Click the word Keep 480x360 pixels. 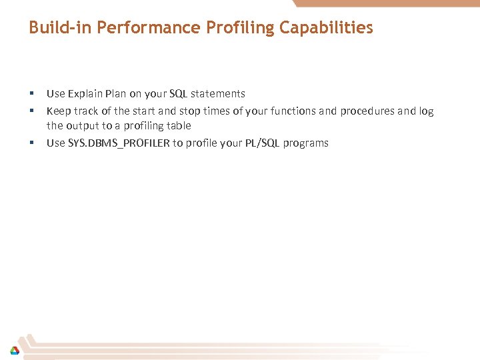tap(58, 111)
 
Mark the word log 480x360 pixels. tap(426, 111)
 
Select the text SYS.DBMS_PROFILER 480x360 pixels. tap(119, 143)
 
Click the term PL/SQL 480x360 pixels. tap(261, 143)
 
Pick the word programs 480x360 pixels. tap(305, 143)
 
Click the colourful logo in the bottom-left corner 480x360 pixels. tap(14, 350)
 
